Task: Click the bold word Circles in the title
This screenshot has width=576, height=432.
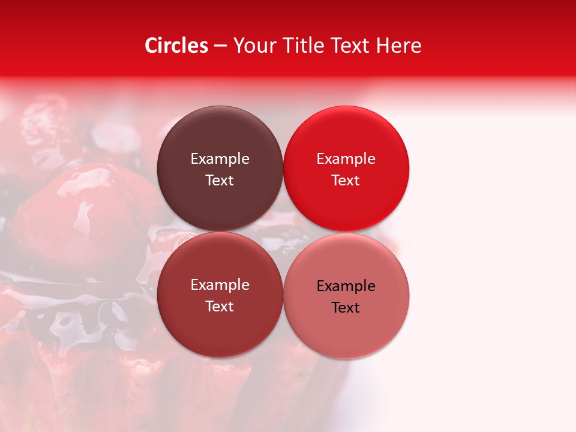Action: pos(176,46)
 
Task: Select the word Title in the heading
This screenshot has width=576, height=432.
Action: pos(303,46)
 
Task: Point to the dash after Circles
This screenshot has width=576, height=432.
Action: pos(220,46)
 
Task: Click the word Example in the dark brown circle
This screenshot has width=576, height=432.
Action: pos(220,159)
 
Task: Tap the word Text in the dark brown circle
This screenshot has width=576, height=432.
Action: pos(220,181)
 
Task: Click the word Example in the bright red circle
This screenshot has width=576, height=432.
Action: pos(346,159)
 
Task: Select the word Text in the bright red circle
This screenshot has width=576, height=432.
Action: pos(346,181)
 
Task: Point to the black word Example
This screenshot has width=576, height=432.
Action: pos(346,286)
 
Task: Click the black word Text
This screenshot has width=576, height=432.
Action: pos(346,308)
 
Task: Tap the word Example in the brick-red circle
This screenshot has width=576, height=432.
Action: pos(220,285)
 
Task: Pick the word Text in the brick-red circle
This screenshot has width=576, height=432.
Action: pos(220,307)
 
